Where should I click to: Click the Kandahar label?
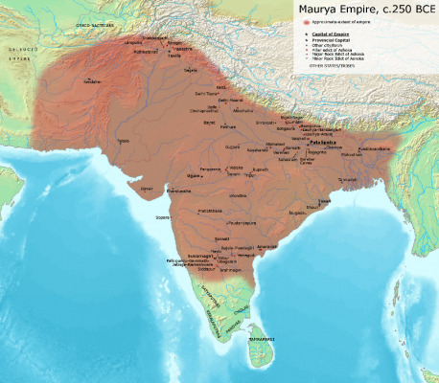tap(92, 81)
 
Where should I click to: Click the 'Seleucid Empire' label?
tap(17, 51)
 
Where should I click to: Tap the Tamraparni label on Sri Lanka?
tap(262, 340)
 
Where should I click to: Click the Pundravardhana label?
tap(373, 149)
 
